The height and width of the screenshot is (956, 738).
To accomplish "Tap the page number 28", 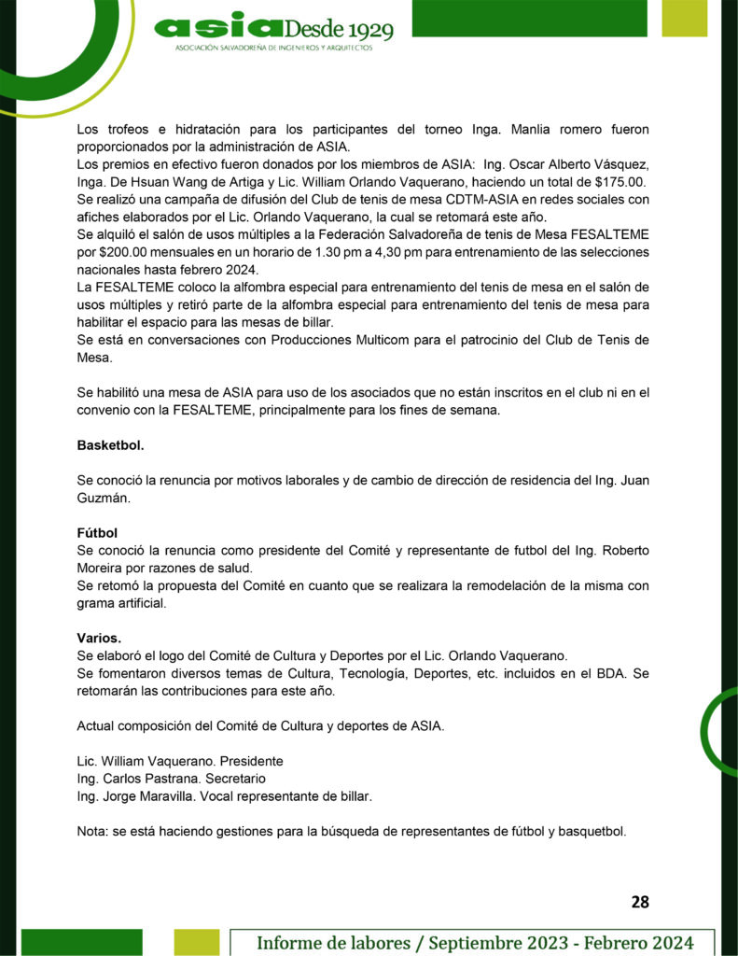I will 640,901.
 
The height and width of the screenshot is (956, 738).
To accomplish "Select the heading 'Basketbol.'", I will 110,446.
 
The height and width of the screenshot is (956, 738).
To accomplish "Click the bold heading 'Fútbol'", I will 97,533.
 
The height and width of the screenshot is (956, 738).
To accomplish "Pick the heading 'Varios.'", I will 99,638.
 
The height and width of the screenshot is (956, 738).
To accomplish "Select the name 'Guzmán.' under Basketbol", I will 104,499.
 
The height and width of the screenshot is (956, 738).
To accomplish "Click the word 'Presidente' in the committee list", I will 251,761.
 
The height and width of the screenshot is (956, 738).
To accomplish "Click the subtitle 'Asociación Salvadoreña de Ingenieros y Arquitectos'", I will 273,48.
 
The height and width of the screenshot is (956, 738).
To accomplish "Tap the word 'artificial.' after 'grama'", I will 138,603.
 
